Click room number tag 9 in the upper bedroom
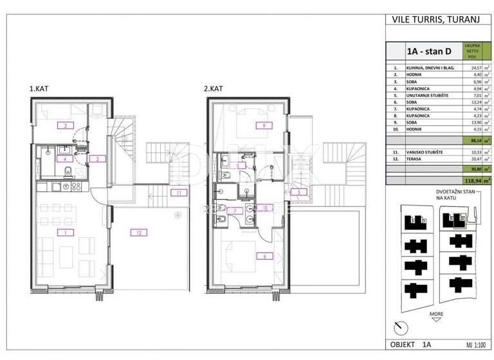click(x=262, y=125)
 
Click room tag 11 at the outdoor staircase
click(x=176, y=192)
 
